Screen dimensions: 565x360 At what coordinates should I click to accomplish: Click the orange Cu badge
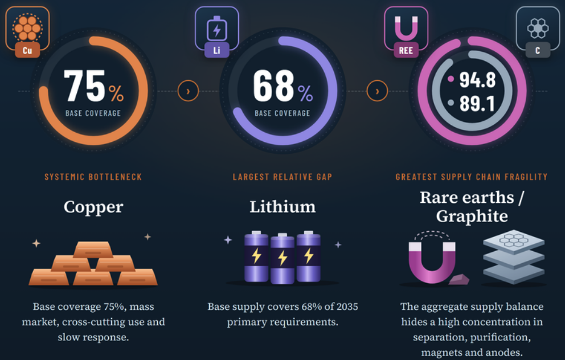(x=27, y=50)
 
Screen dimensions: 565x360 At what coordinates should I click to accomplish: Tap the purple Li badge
(x=216, y=50)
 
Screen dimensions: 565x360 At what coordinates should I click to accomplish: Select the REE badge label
(x=406, y=50)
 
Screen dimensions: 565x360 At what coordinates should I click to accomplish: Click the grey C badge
(x=538, y=50)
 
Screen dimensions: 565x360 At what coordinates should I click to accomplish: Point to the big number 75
(x=84, y=86)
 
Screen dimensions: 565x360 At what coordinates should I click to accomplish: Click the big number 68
(x=273, y=86)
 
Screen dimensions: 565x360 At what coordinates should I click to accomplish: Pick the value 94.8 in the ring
(x=477, y=80)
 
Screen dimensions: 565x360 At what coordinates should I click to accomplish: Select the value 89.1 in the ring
(x=477, y=104)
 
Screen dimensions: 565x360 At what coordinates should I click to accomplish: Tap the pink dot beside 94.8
(x=451, y=79)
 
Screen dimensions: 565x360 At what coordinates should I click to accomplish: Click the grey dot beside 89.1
(x=451, y=103)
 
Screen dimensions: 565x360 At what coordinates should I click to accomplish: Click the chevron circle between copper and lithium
(x=188, y=91)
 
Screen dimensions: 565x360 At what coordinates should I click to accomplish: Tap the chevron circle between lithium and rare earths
(x=377, y=91)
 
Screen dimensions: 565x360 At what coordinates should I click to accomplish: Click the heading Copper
(x=93, y=207)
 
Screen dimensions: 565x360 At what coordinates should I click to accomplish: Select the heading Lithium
(x=282, y=207)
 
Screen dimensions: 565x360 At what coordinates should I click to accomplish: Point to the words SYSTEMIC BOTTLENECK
(x=93, y=177)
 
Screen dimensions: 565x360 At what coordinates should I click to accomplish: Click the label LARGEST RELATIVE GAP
(x=282, y=177)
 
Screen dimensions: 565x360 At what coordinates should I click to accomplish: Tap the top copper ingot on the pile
(x=93, y=249)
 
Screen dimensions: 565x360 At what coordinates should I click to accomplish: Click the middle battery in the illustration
(x=282, y=259)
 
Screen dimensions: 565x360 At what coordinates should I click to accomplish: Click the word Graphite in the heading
(x=472, y=216)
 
